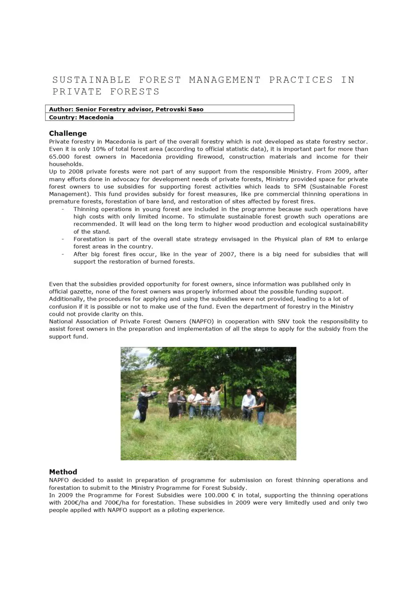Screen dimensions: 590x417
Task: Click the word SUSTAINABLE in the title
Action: point(91,80)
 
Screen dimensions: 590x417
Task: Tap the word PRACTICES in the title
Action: point(301,80)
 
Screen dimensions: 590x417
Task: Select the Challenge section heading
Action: point(68,133)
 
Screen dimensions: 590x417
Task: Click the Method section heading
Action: point(63,472)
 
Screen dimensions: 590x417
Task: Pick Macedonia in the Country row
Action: point(96,117)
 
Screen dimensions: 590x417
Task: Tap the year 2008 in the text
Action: point(76,172)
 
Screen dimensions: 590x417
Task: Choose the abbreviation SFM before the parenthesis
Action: point(300,187)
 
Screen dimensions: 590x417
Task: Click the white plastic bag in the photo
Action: point(136,414)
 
